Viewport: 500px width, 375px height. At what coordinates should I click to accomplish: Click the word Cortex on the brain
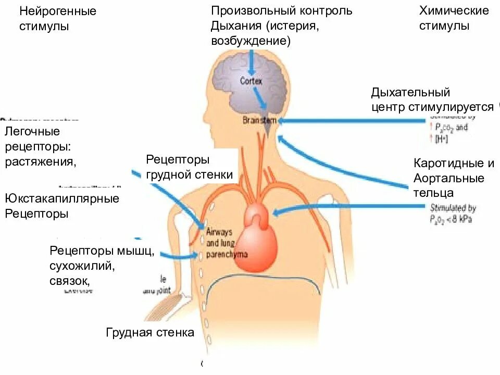[252, 81]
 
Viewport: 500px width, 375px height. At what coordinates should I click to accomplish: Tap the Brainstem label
[259, 120]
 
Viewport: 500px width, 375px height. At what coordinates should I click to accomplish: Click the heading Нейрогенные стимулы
[58, 19]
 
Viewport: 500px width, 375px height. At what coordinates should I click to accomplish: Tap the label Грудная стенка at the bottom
[150, 332]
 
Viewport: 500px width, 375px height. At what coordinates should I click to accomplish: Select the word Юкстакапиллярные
[62, 198]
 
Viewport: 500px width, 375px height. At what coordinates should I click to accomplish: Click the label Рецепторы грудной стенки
[189, 167]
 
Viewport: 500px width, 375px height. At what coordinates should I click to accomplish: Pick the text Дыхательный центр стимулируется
[432, 100]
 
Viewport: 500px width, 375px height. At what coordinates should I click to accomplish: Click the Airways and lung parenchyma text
[226, 243]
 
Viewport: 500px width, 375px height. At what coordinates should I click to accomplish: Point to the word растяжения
[41, 161]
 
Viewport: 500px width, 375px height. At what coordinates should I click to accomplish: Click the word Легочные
[32, 131]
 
